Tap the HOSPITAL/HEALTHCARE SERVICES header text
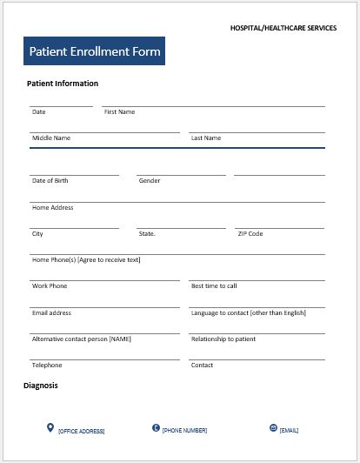click(x=283, y=28)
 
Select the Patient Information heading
click(x=63, y=84)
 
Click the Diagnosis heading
click(x=41, y=385)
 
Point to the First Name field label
click(x=119, y=112)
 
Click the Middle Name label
click(x=51, y=138)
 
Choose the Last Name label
click(x=206, y=138)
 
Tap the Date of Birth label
click(x=50, y=181)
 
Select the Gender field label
click(x=150, y=181)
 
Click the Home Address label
click(x=52, y=208)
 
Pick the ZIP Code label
click(x=250, y=234)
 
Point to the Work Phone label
click(x=50, y=286)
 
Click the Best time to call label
click(x=214, y=286)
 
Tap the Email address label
click(x=51, y=312)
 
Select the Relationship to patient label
click(x=223, y=339)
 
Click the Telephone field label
click(x=47, y=366)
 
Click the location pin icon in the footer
click(x=50, y=427)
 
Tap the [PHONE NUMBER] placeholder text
click(x=184, y=430)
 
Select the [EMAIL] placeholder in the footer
click(x=289, y=430)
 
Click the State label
click(x=147, y=234)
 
